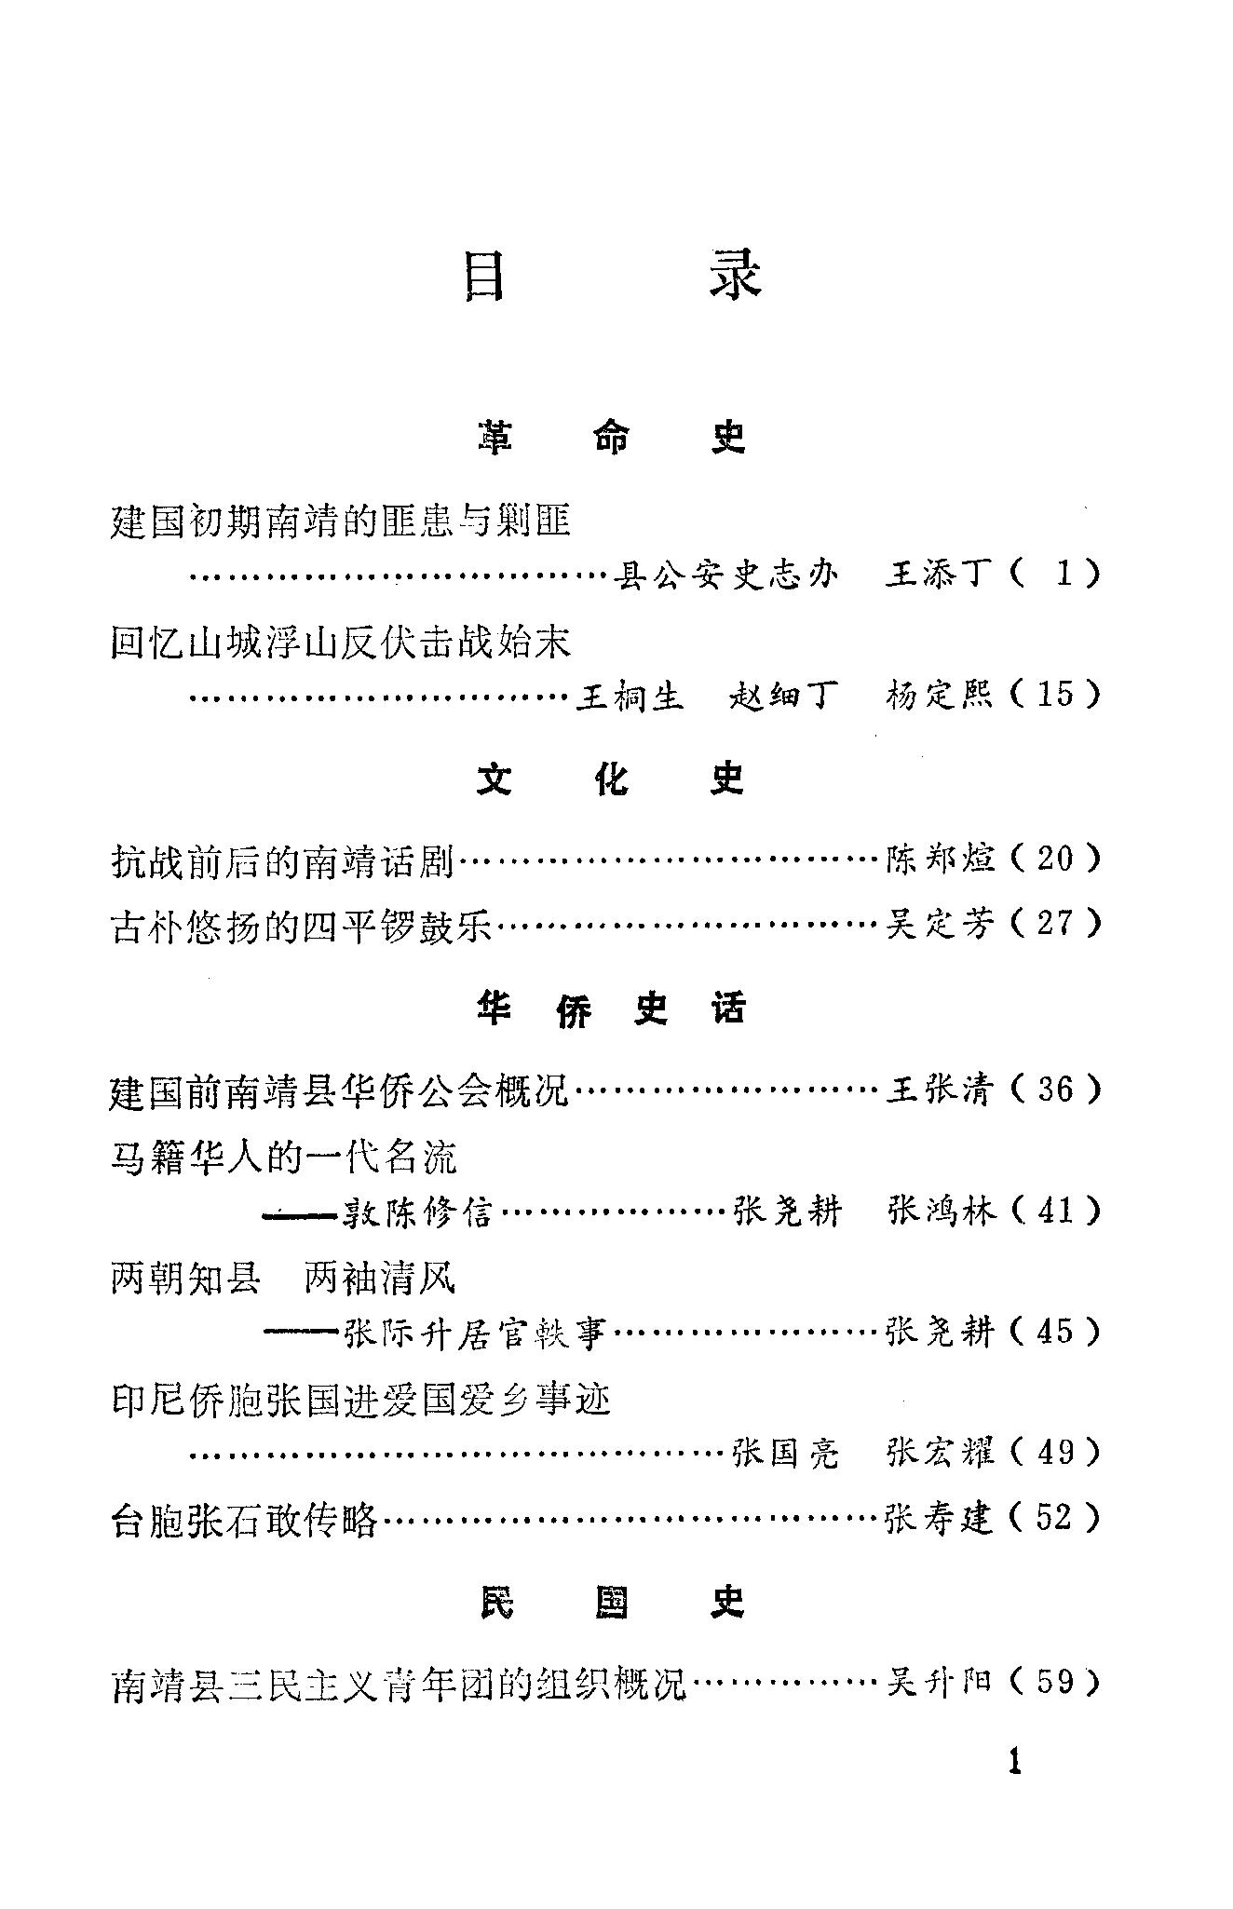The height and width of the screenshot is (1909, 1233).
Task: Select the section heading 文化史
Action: click(612, 778)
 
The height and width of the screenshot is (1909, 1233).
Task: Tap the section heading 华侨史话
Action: click(612, 1009)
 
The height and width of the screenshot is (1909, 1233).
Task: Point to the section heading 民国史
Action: click(612, 1603)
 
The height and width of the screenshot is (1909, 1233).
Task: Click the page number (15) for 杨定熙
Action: click(1055, 695)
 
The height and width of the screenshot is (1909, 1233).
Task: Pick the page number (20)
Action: click(1055, 858)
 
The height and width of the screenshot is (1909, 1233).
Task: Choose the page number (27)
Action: click(1055, 924)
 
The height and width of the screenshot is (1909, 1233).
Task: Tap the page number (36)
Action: click(1055, 1089)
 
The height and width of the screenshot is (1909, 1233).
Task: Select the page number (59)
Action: click(1055, 1682)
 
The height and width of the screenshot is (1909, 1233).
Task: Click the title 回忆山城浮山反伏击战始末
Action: click(340, 643)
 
